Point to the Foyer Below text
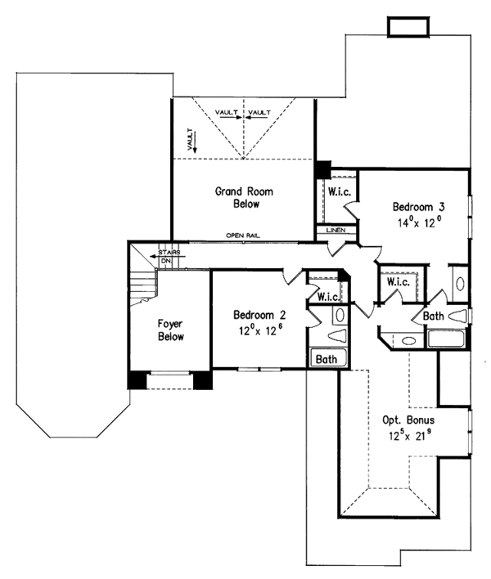(x=170, y=329)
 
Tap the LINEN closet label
(x=336, y=231)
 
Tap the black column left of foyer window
(x=137, y=381)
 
